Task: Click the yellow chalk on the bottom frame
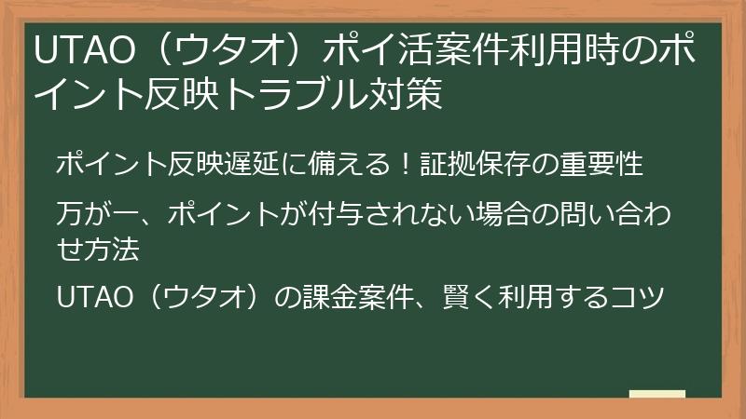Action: tap(657, 395)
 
